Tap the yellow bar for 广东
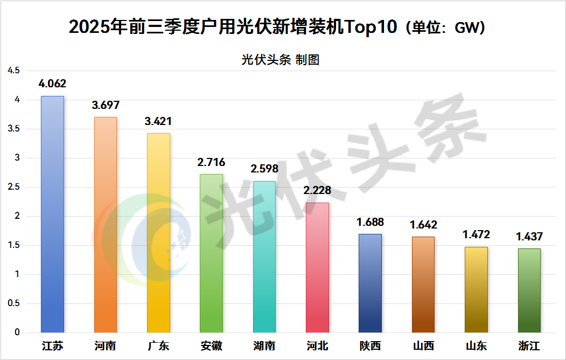click(x=158, y=232)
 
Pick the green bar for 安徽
click(x=211, y=253)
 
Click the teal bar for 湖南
click(x=264, y=257)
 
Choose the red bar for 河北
click(x=317, y=267)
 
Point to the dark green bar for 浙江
click(x=529, y=290)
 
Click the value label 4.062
click(x=52, y=84)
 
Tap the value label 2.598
click(x=264, y=169)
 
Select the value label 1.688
click(x=370, y=221)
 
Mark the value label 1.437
click(x=529, y=236)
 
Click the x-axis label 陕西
click(x=370, y=345)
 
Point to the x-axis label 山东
click(x=476, y=345)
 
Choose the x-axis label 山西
click(x=423, y=345)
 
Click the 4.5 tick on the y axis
click(x=13, y=71)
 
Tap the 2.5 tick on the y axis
click(x=13, y=187)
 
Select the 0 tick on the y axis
click(x=17, y=333)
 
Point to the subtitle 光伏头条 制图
click(x=280, y=60)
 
